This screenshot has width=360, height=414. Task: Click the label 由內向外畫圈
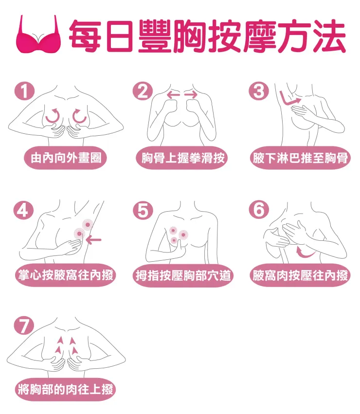[65, 158]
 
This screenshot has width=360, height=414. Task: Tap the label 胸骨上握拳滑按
[183, 158]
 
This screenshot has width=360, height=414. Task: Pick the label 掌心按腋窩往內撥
[65, 276]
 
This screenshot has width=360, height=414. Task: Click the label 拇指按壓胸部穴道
[183, 276]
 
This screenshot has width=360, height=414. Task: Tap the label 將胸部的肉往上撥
[65, 390]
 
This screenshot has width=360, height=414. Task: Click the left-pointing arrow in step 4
[94, 239]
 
